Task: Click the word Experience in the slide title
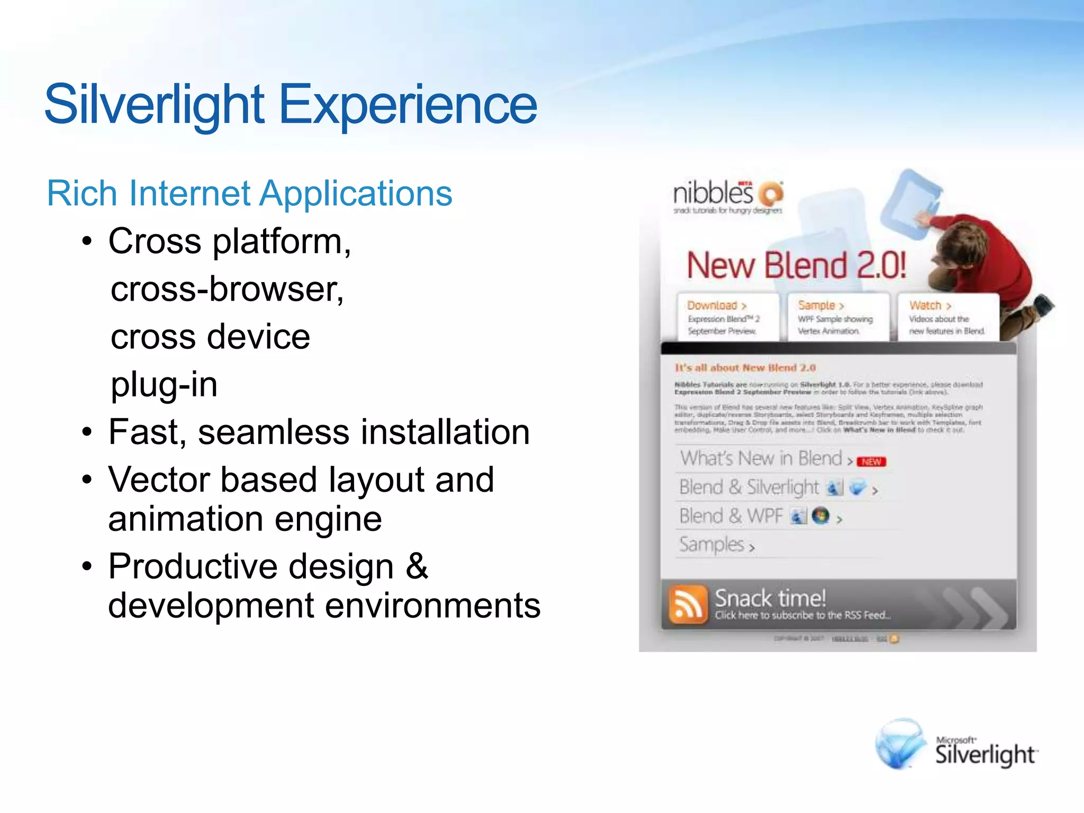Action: [408, 105]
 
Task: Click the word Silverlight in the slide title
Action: [154, 105]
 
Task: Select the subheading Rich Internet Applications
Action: [249, 193]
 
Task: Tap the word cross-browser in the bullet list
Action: [227, 290]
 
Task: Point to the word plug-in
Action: [164, 385]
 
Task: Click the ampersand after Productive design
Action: [417, 566]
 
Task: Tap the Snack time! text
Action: [770, 599]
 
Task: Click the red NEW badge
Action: [871, 462]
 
